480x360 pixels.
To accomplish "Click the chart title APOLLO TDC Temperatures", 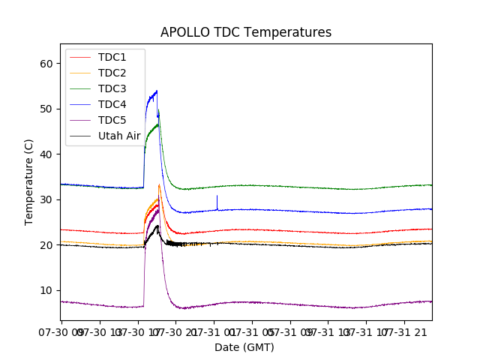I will [x=245, y=32].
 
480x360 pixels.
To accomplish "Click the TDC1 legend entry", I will [x=112, y=58].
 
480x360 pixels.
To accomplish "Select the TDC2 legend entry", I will [x=112, y=73].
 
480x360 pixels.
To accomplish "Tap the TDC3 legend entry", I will [x=112, y=89].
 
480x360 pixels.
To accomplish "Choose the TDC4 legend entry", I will [x=112, y=105].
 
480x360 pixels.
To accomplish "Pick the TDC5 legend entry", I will [x=112, y=121].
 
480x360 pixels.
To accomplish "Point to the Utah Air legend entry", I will [x=118, y=136].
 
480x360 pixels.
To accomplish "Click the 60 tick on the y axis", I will [x=46, y=64].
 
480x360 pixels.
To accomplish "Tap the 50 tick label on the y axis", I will [x=46, y=109].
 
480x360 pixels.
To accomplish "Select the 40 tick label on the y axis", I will [x=46, y=154].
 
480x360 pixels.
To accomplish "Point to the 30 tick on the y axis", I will [x=46, y=199].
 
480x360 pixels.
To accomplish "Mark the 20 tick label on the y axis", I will [x=46, y=245].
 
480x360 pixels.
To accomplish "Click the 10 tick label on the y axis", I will [x=46, y=290].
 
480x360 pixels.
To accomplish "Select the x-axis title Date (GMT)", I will [x=244, y=347].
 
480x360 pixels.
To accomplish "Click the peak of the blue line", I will [x=157, y=91].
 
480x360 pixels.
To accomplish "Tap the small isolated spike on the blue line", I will [x=217, y=196].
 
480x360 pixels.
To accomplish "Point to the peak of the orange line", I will [x=159, y=184].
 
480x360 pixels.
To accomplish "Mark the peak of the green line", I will [x=158, y=111].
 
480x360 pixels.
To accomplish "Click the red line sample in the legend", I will [x=81, y=58].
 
